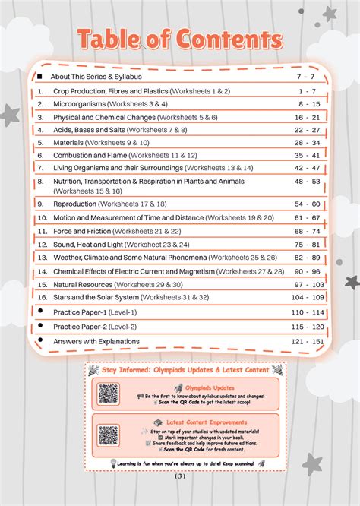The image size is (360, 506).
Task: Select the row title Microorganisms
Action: tap(79, 103)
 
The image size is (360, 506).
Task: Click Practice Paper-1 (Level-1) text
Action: tap(95, 312)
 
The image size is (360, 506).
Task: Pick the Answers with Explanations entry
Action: tap(96, 341)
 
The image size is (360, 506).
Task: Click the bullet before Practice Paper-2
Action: tap(40, 326)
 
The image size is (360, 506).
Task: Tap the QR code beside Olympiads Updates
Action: tap(109, 394)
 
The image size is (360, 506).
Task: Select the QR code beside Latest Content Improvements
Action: tap(109, 435)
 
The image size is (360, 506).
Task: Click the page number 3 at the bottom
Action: tap(179, 477)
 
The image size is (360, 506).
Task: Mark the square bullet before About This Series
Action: tap(40, 77)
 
